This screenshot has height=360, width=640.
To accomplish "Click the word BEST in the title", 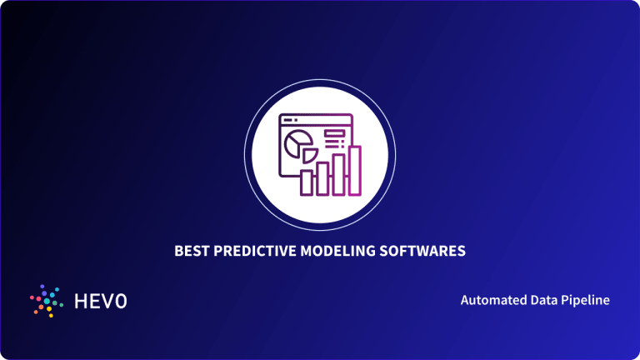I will pyautogui.click(x=189, y=250).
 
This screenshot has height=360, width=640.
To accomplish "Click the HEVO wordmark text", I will pyautogui.click(x=99, y=300).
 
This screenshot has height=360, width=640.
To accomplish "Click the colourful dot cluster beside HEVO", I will pyautogui.click(x=45, y=300).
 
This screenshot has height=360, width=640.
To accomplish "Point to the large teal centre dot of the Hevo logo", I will pyautogui.click(x=46, y=301).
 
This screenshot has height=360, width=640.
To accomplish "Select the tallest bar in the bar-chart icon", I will pyautogui.click(x=355, y=172).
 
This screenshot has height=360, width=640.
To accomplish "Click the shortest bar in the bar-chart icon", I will pyautogui.click(x=306, y=183).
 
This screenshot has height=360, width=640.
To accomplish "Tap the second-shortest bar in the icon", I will pyautogui.click(x=322, y=179).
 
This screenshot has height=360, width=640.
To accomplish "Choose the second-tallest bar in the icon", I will pyautogui.click(x=339, y=174).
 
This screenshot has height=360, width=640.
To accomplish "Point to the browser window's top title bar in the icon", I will pyautogui.click(x=315, y=120).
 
